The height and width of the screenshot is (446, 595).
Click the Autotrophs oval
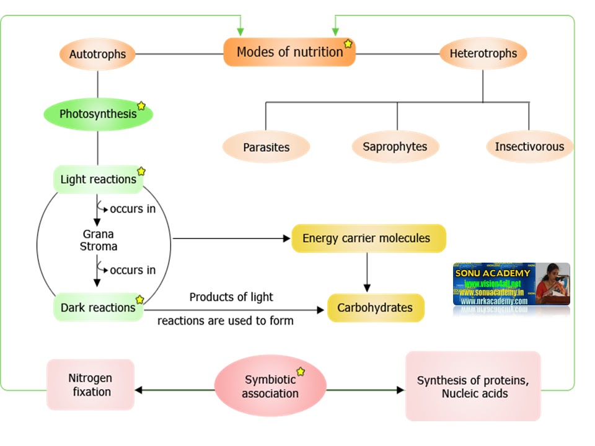pyautogui.click(x=97, y=54)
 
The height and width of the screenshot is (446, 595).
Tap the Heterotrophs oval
pyautogui.click(x=483, y=53)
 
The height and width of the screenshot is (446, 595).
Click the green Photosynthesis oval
pyautogui.click(x=98, y=114)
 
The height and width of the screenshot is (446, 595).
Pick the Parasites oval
pyautogui.click(x=266, y=147)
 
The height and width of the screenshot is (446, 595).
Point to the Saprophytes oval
pyautogui.click(x=395, y=147)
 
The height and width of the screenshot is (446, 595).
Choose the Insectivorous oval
pyautogui.click(x=529, y=147)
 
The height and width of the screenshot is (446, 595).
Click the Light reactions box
pyautogui.click(x=98, y=180)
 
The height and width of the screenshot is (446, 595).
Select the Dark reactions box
pyautogui.click(x=98, y=307)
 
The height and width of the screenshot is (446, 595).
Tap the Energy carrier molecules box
pyautogui.click(x=368, y=238)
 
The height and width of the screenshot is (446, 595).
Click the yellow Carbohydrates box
pyautogui.click(x=375, y=307)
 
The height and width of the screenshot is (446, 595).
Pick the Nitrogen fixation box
pyautogui.click(x=90, y=384)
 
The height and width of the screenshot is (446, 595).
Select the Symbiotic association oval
pyautogui.click(x=270, y=386)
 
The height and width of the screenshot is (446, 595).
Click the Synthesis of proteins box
pyautogui.click(x=474, y=387)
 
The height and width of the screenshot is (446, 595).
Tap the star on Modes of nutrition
pyautogui.click(x=348, y=44)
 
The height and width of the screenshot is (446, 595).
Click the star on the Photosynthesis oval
pyautogui.click(x=141, y=106)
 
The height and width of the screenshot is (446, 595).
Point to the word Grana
pyautogui.click(x=98, y=235)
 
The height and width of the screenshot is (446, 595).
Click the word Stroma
pyautogui.click(x=98, y=246)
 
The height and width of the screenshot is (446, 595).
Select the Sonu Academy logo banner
pyautogui.click(x=511, y=284)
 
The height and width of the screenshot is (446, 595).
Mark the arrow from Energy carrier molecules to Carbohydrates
pyautogui.click(x=367, y=273)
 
